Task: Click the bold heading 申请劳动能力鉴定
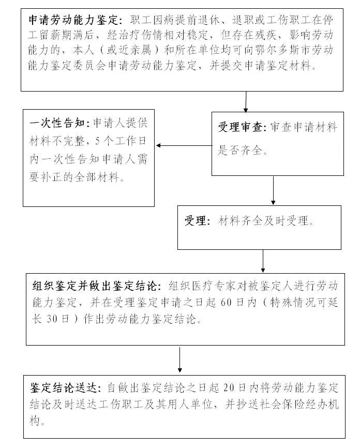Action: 73,20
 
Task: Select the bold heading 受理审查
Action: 241,127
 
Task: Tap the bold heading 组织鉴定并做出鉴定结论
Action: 95,286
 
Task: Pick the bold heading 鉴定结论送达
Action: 64,387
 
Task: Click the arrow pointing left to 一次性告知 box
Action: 184,145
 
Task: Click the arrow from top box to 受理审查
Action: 246,102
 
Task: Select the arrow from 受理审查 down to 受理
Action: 273,190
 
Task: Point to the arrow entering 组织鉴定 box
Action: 263,261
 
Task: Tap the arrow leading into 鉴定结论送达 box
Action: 179,360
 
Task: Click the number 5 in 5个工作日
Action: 98,141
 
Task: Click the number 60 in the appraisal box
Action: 226,302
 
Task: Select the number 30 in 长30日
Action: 52,319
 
